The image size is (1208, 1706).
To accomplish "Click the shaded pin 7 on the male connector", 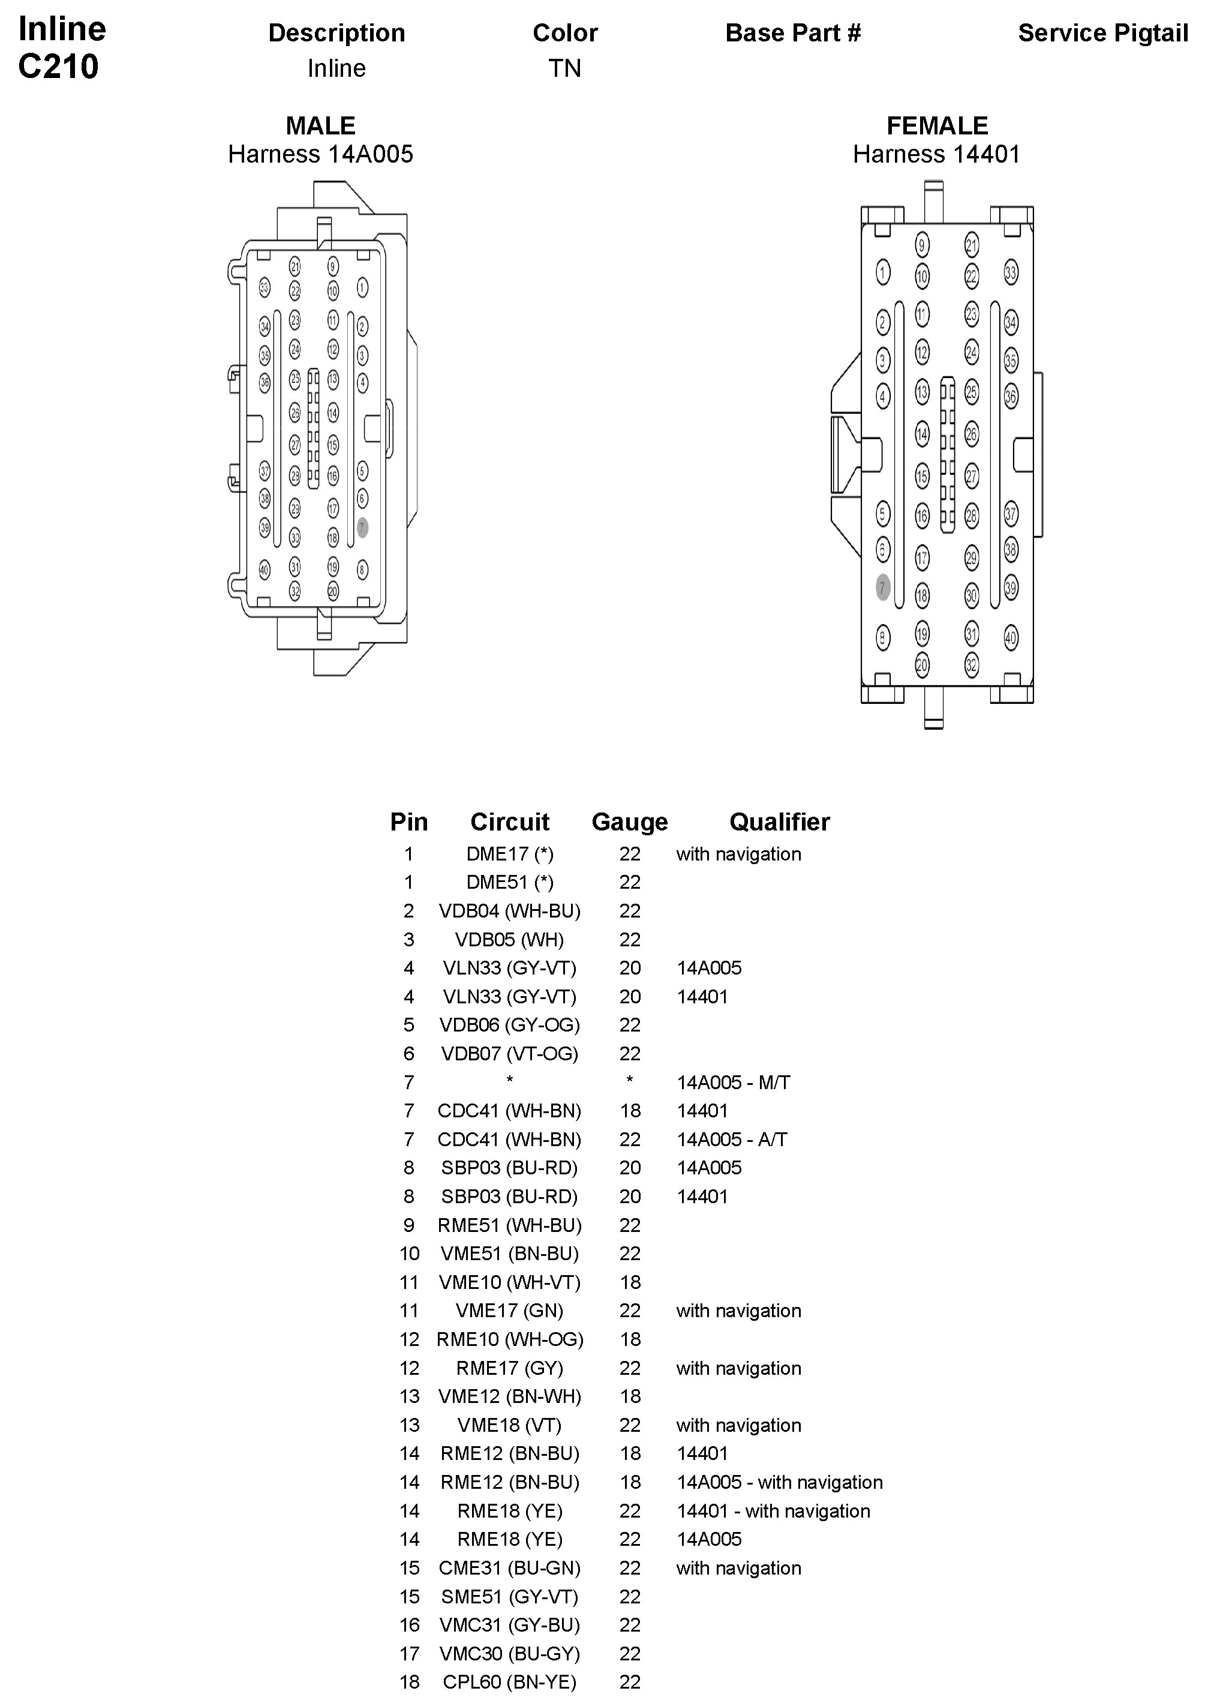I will tap(362, 527).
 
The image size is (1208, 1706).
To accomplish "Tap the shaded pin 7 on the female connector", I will tap(883, 587).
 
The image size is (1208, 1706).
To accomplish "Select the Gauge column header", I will tap(629, 821).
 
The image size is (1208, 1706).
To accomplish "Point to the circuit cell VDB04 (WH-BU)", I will tap(510, 911).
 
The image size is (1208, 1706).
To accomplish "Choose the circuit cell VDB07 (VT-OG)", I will tap(510, 1054).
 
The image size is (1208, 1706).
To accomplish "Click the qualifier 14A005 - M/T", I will tap(733, 1082).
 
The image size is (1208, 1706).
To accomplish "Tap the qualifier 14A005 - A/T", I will tap(731, 1139).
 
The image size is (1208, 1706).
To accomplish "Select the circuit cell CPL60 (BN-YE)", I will tap(510, 1682).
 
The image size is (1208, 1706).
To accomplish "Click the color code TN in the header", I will tap(564, 68).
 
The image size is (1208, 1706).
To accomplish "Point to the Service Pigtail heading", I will tap(1102, 33).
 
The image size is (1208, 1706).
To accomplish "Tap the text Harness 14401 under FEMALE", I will tap(936, 154).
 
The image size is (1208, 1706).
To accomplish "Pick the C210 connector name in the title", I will tap(58, 66).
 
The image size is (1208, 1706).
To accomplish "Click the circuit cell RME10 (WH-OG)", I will tap(510, 1339).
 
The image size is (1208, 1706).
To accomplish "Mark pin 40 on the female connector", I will tap(1010, 638).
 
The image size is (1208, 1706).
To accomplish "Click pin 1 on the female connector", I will tap(883, 272).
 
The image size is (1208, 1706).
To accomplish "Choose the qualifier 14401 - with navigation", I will tap(773, 1511).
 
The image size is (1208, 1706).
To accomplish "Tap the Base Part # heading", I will tap(793, 33).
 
